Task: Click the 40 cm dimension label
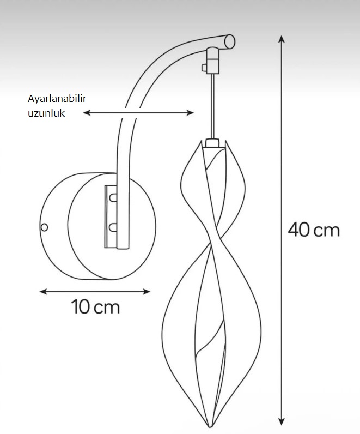(314, 230)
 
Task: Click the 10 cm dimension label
(95, 306)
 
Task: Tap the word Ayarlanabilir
(57, 99)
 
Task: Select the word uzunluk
(46, 113)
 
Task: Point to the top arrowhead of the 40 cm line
(282, 39)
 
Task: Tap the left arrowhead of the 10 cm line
(43, 291)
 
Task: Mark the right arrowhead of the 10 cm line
(147, 291)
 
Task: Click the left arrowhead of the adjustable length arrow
(87, 113)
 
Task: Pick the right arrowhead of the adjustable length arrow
(190, 113)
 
